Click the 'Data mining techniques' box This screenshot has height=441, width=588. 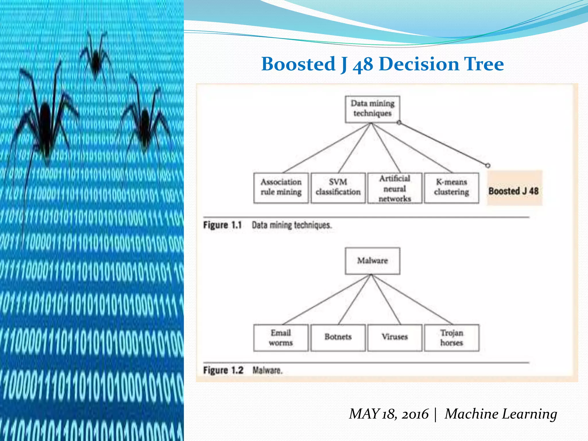[x=372, y=109]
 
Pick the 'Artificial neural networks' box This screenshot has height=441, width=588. [x=395, y=188]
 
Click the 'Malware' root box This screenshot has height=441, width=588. [x=372, y=261]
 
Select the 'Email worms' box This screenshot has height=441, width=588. [x=281, y=338]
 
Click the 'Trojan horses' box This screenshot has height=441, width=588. [x=452, y=338]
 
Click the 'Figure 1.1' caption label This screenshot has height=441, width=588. [x=223, y=225]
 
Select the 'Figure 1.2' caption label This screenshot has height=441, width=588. [x=223, y=370]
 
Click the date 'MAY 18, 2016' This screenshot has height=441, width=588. [x=388, y=414]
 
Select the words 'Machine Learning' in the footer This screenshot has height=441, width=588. [x=501, y=414]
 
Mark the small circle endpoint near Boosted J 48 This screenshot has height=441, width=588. [x=488, y=165]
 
